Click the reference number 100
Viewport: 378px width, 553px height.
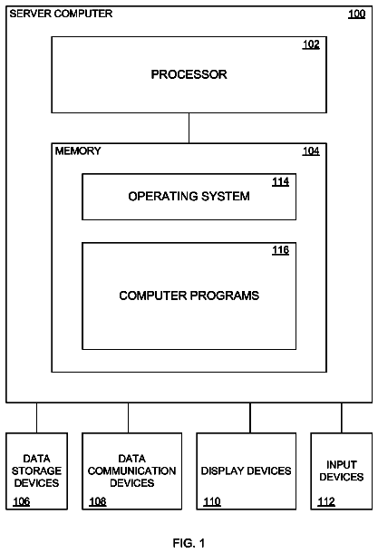point(356,15)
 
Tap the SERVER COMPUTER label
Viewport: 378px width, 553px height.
point(61,14)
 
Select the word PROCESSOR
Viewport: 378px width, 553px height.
point(189,74)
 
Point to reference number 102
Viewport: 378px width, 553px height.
point(311,44)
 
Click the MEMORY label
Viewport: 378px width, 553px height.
point(78,151)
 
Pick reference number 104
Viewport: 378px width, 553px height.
point(311,151)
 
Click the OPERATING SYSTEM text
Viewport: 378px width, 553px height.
point(189,196)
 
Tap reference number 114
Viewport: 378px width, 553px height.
point(280,182)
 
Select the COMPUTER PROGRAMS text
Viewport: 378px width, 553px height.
point(189,296)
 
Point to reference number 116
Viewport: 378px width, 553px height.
point(280,250)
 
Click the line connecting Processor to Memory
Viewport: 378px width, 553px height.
point(189,128)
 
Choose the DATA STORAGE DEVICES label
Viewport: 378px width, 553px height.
point(36,471)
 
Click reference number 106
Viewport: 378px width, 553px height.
point(22,501)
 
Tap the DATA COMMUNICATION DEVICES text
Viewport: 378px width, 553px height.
point(131,471)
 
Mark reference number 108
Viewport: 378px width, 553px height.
point(98,501)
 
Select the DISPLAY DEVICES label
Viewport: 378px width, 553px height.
point(247,471)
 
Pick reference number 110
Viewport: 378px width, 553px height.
point(212,501)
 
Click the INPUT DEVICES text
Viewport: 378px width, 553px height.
point(342,471)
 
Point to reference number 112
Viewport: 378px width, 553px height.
point(326,501)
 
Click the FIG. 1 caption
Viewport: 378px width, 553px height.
point(189,543)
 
